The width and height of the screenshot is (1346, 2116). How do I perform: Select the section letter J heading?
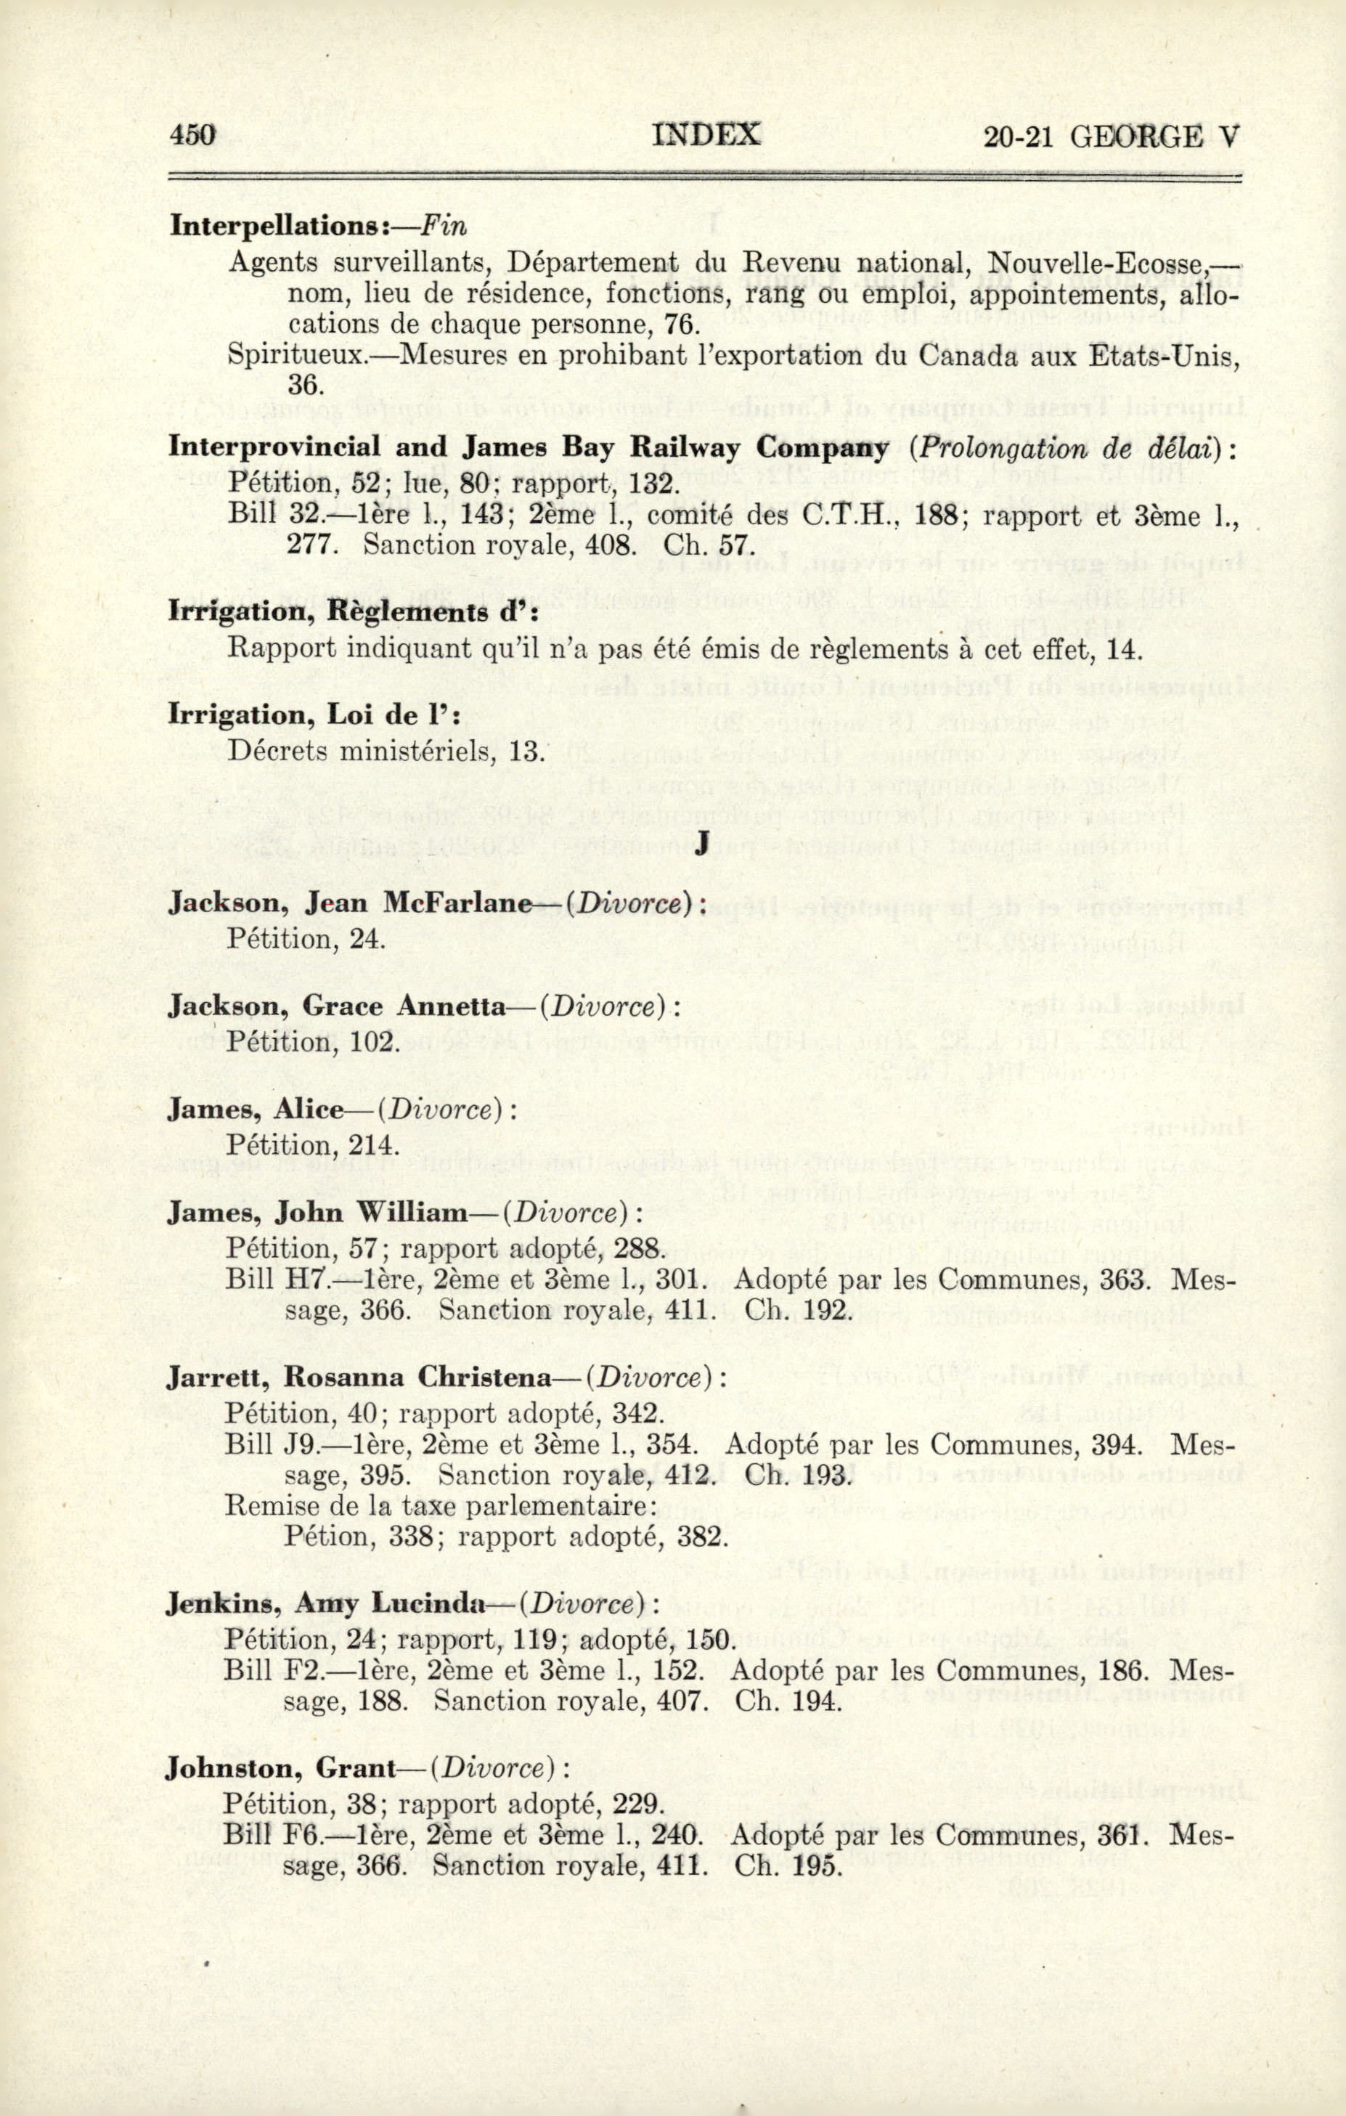[x=701, y=845]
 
